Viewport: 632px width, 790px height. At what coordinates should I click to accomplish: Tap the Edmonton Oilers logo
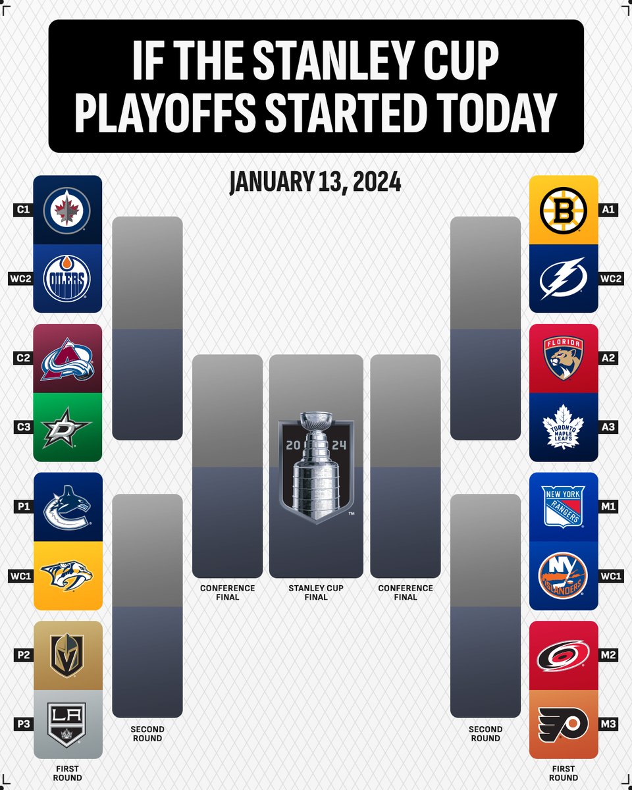pos(68,280)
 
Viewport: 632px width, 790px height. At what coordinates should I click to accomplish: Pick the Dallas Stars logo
pos(68,428)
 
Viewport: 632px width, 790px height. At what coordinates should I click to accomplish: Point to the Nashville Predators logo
pos(68,576)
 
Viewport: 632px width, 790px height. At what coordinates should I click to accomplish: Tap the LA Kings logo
pos(68,724)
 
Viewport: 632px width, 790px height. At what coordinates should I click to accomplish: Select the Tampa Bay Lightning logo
pos(564,280)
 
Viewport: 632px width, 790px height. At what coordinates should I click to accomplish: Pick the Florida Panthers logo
pos(564,359)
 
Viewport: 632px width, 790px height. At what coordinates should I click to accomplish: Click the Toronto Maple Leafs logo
pos(564,428)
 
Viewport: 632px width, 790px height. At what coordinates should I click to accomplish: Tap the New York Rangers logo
pos(564,507)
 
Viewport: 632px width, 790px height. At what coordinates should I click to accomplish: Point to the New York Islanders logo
pos(564,576)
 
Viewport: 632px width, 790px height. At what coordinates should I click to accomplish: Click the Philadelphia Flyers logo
pos(564,724)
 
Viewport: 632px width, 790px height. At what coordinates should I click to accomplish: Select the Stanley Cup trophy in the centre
pos(316,467)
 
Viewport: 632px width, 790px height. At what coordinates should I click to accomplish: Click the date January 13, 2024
pos(315,182)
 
